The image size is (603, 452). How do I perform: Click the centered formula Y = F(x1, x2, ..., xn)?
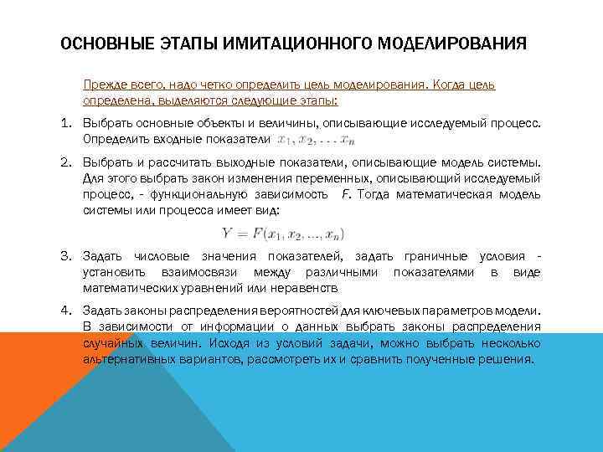tap(282, 233)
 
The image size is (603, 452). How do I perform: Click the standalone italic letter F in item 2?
tap(346, 195)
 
